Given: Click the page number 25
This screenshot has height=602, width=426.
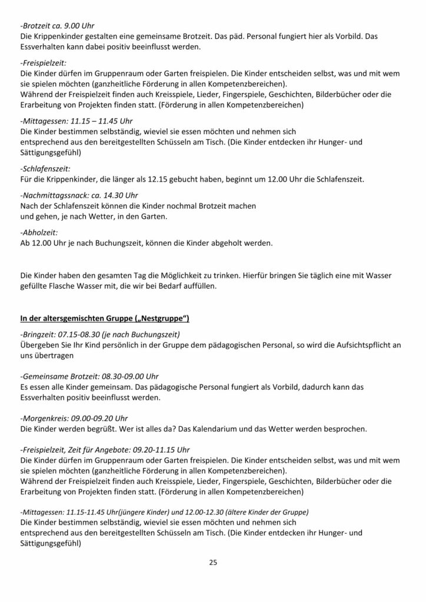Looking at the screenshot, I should pyautogui.click(x=213, y=562).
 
